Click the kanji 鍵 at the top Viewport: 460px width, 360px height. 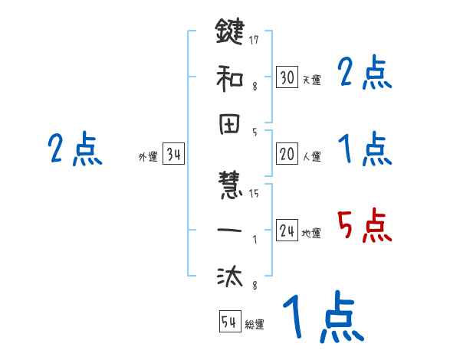[x=230, y=33]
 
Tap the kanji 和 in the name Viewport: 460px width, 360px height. [x=230, y=77]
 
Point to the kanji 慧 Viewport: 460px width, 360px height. [x=230, y=187]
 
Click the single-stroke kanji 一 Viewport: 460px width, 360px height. [x=230, y=229]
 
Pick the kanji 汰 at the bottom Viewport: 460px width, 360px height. [x=230, y=274]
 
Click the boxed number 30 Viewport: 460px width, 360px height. [x=287, y=77]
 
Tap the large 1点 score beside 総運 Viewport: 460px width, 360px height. [x=322, y=318]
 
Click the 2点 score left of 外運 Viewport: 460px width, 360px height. [x=74, y=149]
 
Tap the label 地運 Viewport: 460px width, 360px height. [x=311, y=234]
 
